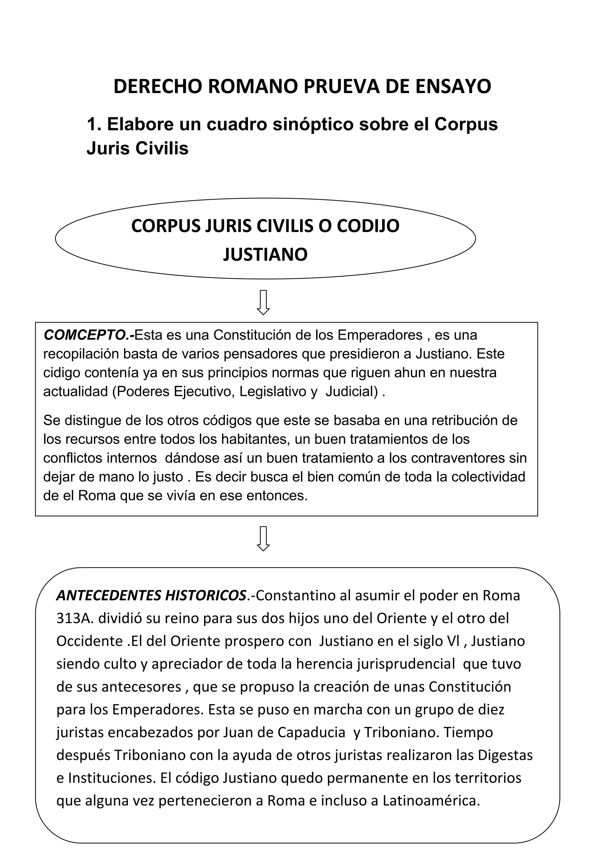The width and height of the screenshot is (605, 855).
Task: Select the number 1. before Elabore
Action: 94,124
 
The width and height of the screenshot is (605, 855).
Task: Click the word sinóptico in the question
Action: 313,124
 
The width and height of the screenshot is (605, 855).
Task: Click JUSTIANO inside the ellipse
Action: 265,255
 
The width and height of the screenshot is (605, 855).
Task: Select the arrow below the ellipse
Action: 264,302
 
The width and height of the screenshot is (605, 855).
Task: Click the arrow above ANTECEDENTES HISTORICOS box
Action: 264,539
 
